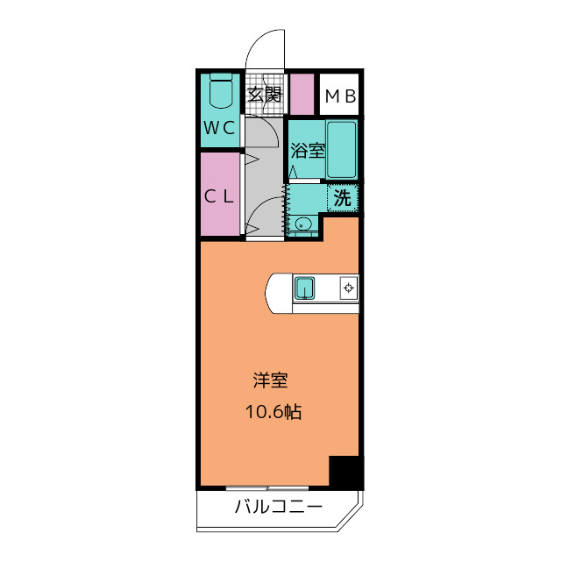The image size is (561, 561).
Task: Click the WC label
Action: click(219, 127)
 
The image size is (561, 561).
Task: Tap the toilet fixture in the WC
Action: click(221, 91)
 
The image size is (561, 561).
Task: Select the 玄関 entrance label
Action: click(264, 96)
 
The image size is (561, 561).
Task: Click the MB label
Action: click(340, 96)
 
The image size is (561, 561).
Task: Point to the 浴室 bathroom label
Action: click(307, 150)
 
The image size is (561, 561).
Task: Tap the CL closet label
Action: click(219, 196)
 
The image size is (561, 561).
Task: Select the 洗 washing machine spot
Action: click(343, 198)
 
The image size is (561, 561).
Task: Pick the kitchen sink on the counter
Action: click(304, 287)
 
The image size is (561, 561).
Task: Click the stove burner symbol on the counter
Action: click(348, 287)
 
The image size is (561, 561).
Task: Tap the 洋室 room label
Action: click(271, 381)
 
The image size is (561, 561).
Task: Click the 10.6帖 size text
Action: click(272, 411)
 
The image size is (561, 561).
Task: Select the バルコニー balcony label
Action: click(279, 508)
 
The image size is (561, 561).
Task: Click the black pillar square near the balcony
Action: click(345, 472)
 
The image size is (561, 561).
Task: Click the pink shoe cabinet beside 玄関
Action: click(302, 95)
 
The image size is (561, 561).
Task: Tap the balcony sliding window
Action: click(268, 487)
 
